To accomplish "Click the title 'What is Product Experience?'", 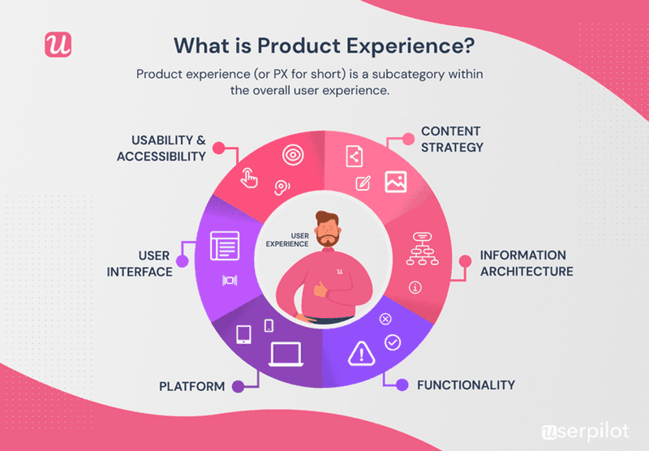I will click(x=324, y=43).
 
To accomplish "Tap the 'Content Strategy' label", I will click(x=451, y=139).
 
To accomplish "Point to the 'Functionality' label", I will click(x=466, y=384).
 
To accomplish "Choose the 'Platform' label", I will click(x=192, y=386).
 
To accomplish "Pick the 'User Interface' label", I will click(x=140, y=264).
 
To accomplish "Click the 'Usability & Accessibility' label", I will click(x=161, y=148).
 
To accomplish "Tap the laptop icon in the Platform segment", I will click(x=285, y=354).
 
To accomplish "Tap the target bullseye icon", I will click(x=292, y=153).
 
